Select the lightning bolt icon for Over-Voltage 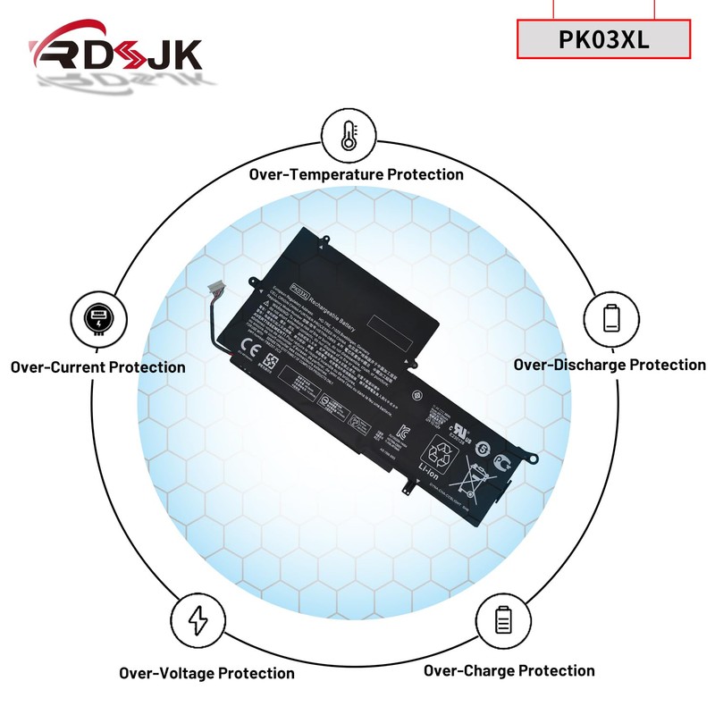click(x=199, y=618)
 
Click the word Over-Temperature click(x=315, y=174)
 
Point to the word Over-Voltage click(x=167, y=673)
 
